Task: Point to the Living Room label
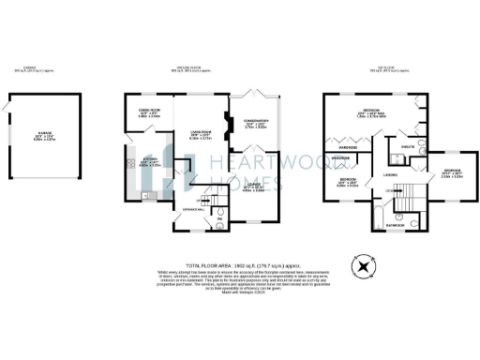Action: [x=201, y=134]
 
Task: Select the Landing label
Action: [x=389, y=175]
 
